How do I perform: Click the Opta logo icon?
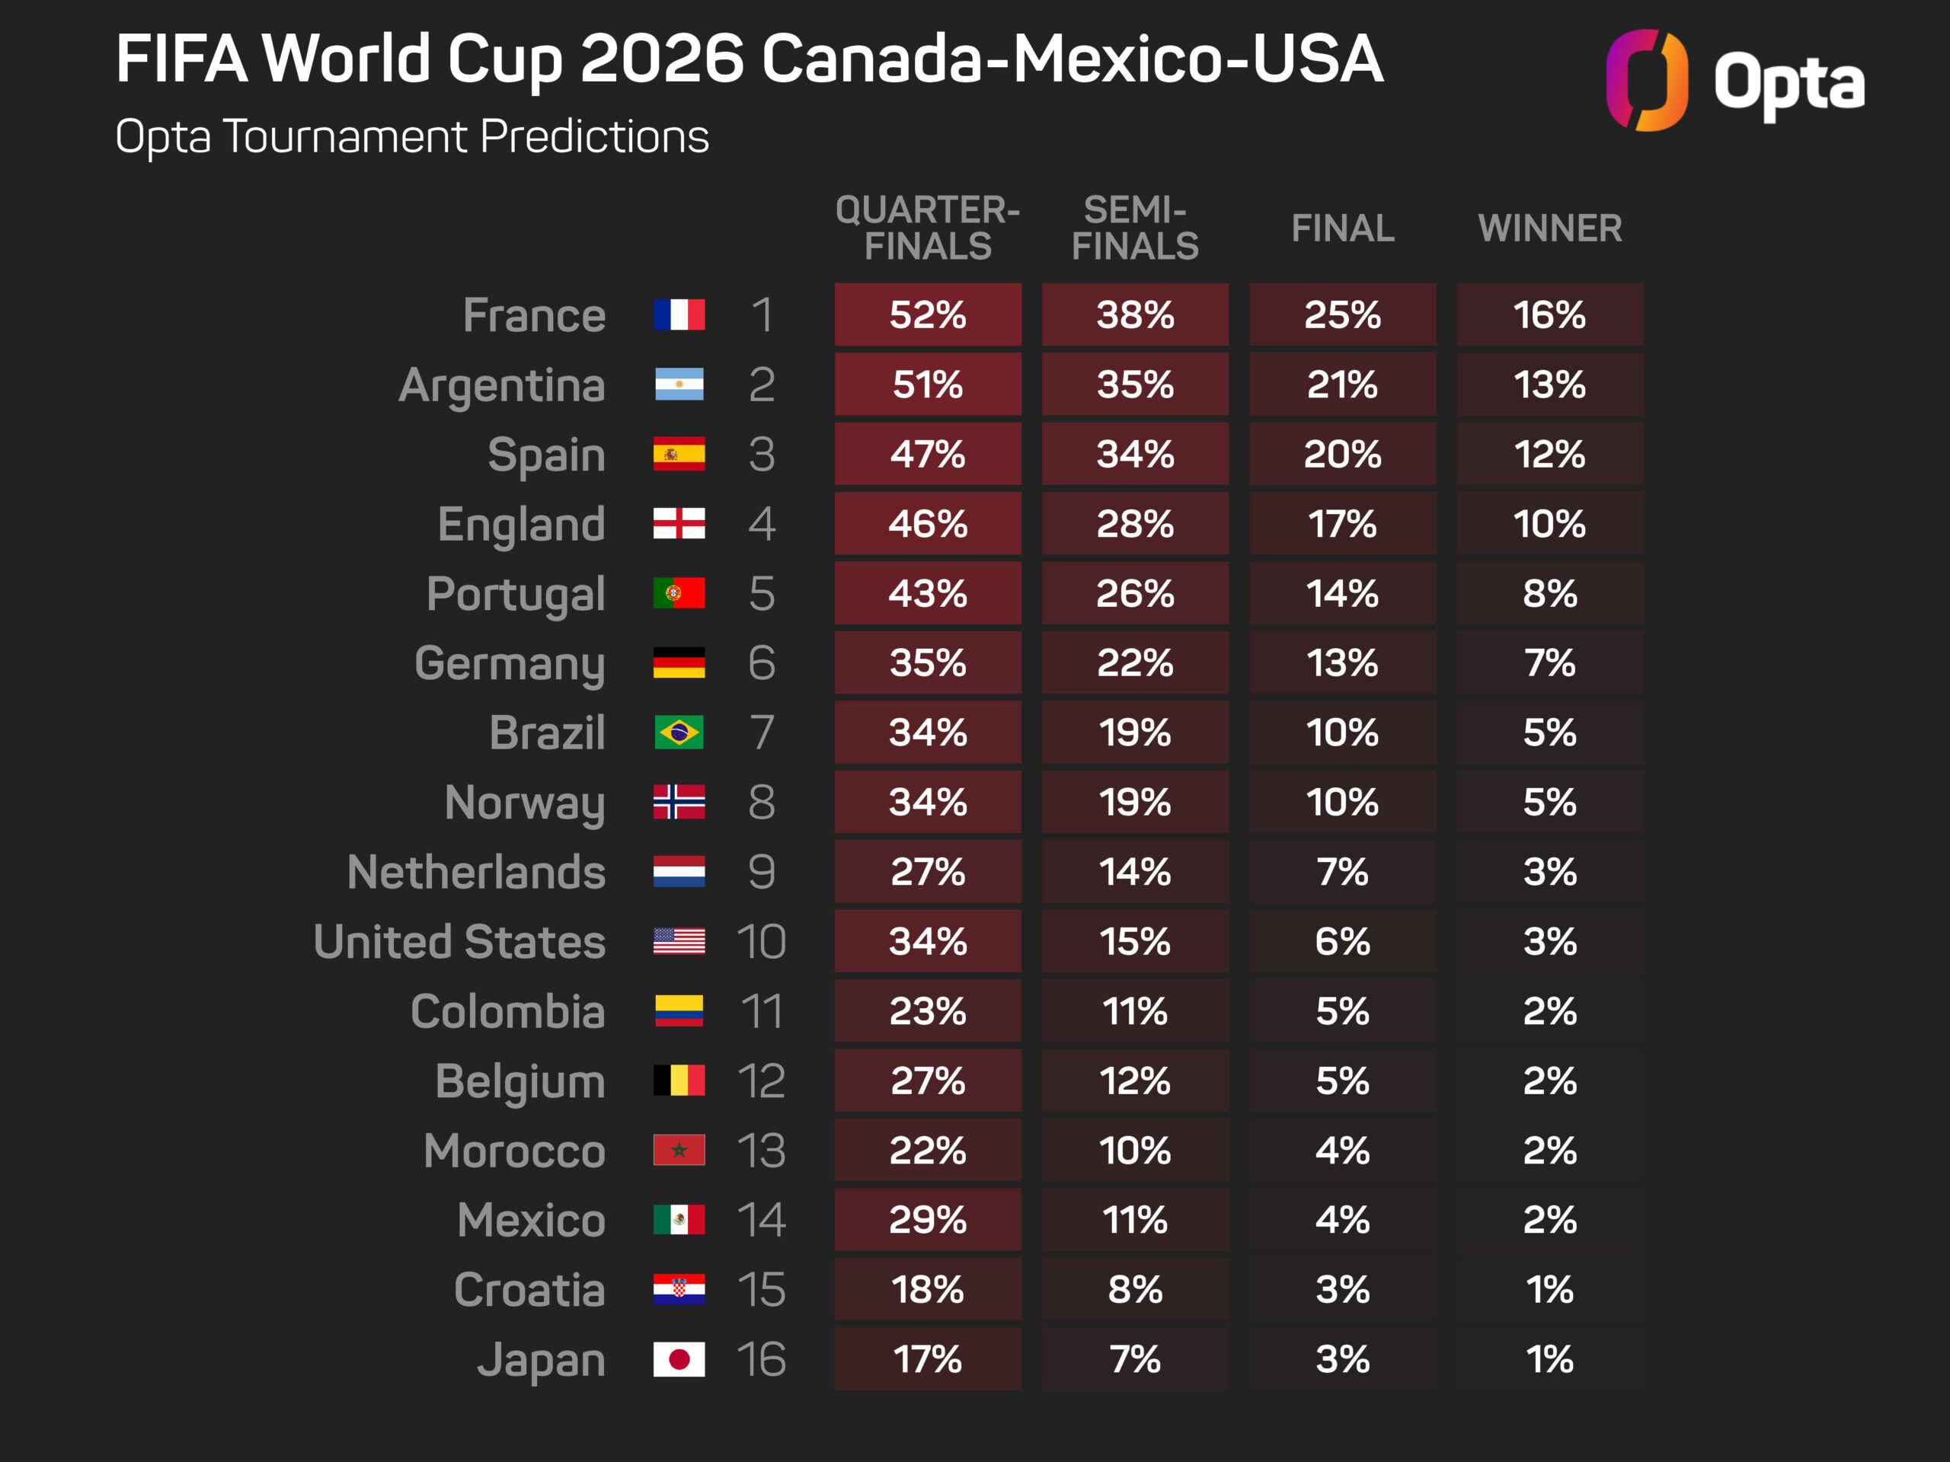(1646, 80)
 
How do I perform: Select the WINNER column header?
(1550, 228)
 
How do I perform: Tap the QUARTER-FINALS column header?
(928, 228)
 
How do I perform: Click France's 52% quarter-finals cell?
(928, 314)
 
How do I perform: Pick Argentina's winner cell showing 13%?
(1550, 385)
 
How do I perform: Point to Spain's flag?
(679, 454)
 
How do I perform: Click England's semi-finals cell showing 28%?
(1134, 523)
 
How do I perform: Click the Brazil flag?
(679, 733)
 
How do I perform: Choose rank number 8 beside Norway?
(762, 802)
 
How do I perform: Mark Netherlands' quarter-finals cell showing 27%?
(928, 872)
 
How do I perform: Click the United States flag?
(679, 941)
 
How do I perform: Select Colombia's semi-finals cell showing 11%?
(1134, 1010)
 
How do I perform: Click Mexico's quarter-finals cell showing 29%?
(928, 1220)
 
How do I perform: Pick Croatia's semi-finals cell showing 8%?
(1134, 1289)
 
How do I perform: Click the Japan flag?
(679, 1359)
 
